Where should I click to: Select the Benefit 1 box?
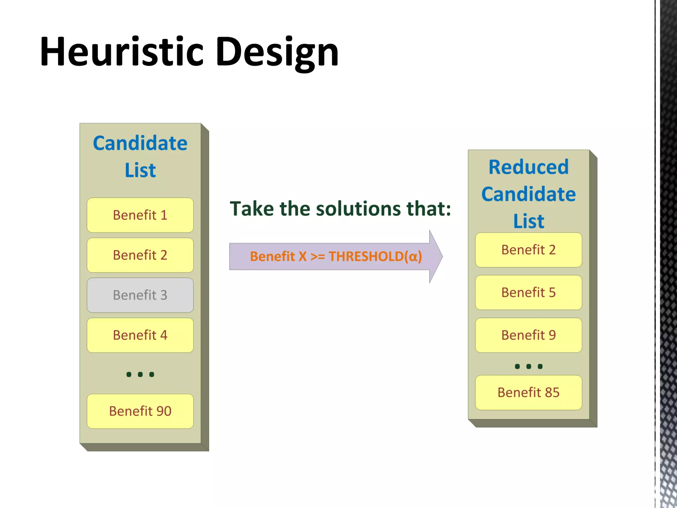point(140,215)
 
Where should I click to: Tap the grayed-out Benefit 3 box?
point(140,295)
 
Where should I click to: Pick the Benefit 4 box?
point(140,335)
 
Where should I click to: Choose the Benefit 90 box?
point(140,411)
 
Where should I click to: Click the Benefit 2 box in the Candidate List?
point(140,255)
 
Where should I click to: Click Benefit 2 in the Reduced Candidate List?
point(528,250)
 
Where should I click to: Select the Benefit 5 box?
point(528,292)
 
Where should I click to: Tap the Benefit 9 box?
point(528,335)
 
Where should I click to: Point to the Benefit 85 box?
point(528,393)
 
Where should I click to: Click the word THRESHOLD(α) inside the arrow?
point(375,256)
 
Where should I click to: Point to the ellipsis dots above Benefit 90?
point(140,374)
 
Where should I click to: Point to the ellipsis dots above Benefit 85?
point(528,366)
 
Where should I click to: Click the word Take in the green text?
point(252,209)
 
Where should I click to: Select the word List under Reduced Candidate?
point(528,221)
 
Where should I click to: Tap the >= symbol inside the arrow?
point(317,256)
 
